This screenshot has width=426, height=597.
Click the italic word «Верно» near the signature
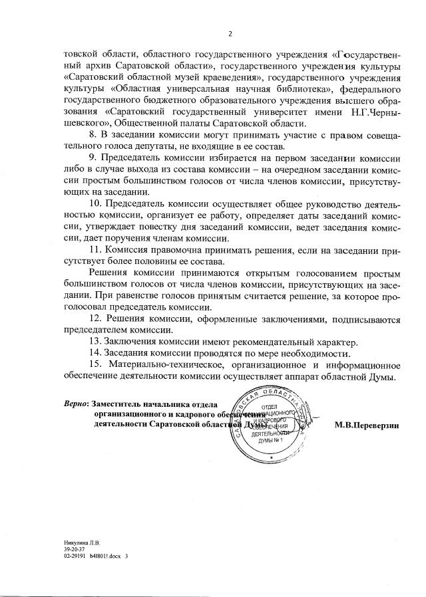(x=75, y=404)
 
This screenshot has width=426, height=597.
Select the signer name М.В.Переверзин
(x=367, y=425)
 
